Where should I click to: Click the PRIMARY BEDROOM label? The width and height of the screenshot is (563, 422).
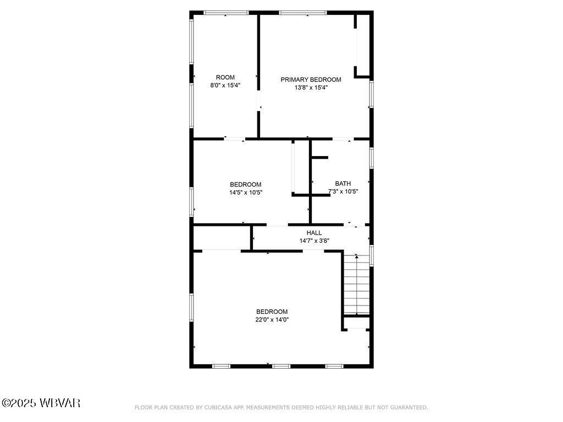coord(311,80)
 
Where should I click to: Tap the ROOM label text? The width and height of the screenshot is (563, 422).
coord(225,77)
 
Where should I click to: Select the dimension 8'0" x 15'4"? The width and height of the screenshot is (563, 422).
coord(225,86)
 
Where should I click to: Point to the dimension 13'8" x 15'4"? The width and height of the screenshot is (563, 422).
coord(311,87)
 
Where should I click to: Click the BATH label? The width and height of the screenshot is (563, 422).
coord(343,184)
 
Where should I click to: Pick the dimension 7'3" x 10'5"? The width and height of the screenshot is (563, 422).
coord(343,192)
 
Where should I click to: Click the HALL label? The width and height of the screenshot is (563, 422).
coord(314,233)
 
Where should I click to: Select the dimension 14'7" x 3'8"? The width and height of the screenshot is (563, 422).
coord(314,241)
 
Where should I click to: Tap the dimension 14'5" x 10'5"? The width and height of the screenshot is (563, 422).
coord(245,192)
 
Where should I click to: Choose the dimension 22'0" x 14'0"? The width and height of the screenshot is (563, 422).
coord(272,319)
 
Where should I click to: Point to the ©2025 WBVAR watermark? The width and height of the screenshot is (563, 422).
coord(41,403)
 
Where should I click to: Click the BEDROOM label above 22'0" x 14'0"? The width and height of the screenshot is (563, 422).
coord(272,312)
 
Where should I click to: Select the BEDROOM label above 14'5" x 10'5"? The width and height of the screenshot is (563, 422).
coord(245,185)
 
